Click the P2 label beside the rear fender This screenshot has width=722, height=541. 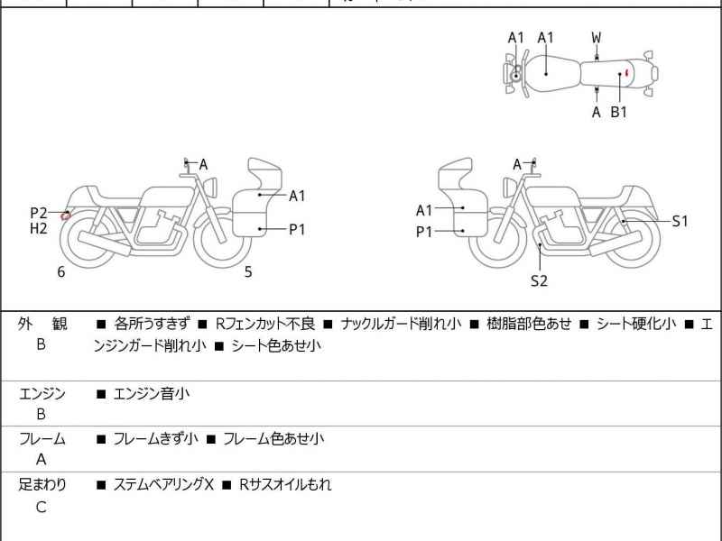38,213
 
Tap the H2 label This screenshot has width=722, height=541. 38,229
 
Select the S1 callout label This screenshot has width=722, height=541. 680,221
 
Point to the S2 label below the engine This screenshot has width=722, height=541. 539,280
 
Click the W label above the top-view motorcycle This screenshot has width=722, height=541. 597,38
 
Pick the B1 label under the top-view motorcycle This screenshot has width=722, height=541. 619,113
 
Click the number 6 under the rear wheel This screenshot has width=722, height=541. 61,271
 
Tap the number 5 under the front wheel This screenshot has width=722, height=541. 248,271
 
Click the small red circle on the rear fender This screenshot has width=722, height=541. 66,215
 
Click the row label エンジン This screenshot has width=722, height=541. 42,393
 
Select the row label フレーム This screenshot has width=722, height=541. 42,439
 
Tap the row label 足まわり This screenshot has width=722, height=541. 42,485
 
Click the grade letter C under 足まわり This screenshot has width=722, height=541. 41,507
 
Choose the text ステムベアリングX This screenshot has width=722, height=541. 162,485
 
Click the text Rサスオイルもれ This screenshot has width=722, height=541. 284,485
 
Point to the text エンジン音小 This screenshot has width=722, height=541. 151,393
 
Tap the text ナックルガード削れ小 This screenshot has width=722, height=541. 402,324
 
